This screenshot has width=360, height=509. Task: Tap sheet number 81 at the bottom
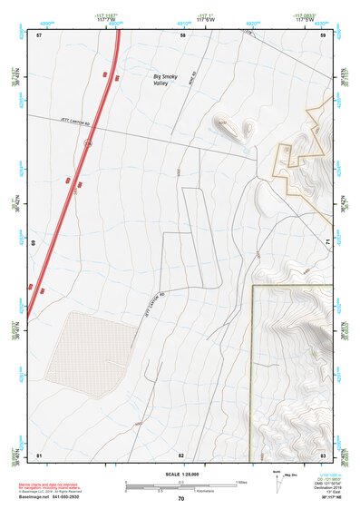click(39, 455)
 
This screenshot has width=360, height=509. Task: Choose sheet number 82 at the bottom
click(181, 455)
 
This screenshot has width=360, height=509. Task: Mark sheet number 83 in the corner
click(323, 455)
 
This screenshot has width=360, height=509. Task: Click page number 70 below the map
click(181, 498)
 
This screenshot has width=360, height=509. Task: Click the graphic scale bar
click(181, 486)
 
